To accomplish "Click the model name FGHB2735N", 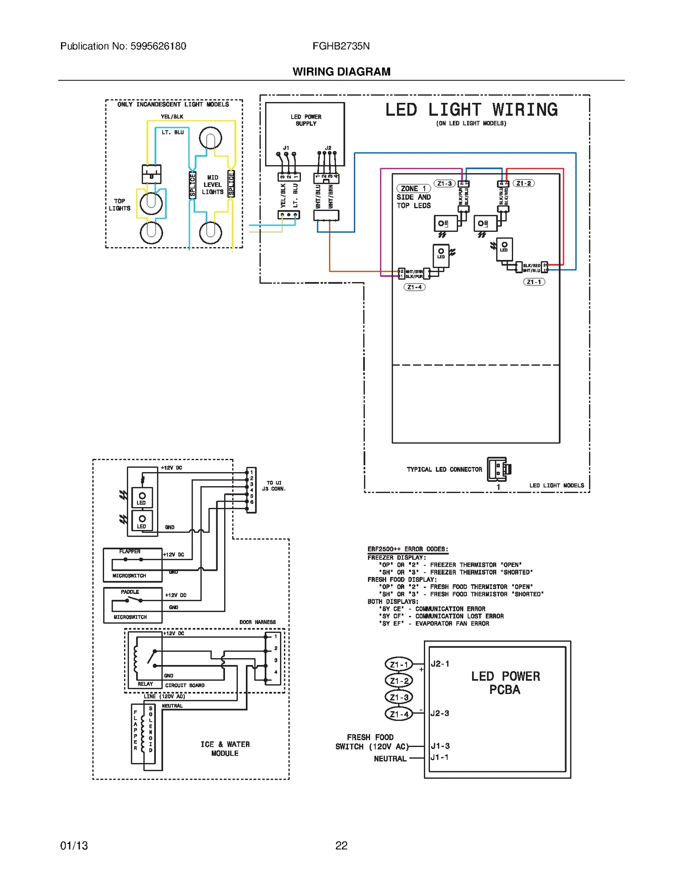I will (x=341, y=46).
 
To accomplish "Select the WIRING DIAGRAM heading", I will (x=341, y=72).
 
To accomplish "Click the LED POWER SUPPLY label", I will (x=306, y=120).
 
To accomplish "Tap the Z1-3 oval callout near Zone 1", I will (x=444, y=184).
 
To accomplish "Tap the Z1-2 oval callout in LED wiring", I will (x=523, y=184).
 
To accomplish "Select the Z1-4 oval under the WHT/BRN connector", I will (x=414, y=287).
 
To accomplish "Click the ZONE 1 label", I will (x=413, y=189).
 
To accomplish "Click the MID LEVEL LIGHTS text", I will (x=213, y=185).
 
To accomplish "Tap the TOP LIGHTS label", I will (x=120, y=204).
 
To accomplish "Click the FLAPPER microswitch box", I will (x=133, y=565).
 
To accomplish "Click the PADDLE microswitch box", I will (x=133, y=605).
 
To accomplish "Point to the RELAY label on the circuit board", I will (x=145, y=684).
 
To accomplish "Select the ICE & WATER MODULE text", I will (x=225, y=749).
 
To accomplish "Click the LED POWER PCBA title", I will (x=505, y=683).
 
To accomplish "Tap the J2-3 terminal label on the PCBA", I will (x=440, y=713).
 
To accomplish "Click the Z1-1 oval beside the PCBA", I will (x=399, y=665).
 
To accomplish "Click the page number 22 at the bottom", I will (x=341, y=846).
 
